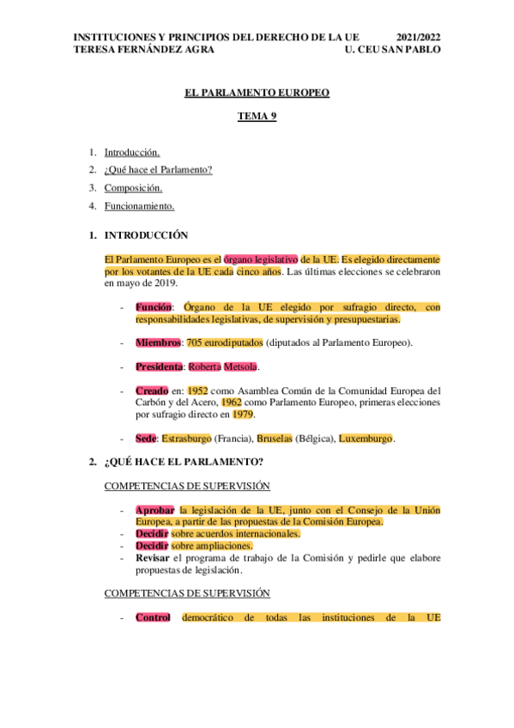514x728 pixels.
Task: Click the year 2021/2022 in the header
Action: (x=419, y=38)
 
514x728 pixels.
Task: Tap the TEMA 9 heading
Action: (x=257, y=116)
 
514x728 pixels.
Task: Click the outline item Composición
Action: (x=133, y=188)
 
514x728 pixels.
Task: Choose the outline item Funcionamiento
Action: (x=139, y=206)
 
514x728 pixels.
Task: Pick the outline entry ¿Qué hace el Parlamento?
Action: (x=158, y=169)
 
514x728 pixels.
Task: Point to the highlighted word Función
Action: (x=154, y=306)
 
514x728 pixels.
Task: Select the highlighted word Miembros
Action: (x=158, y=343)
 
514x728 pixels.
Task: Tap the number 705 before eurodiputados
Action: (x=194, y=343)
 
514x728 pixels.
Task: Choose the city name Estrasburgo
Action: (x=186, y=439)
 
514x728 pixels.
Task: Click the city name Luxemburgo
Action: (x=366, y=439)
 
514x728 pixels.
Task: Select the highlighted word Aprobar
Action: (x=154, y=510)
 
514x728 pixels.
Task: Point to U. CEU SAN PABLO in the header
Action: (x=392, y=50)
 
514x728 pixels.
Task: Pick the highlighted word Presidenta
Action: (x=159, y=367)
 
